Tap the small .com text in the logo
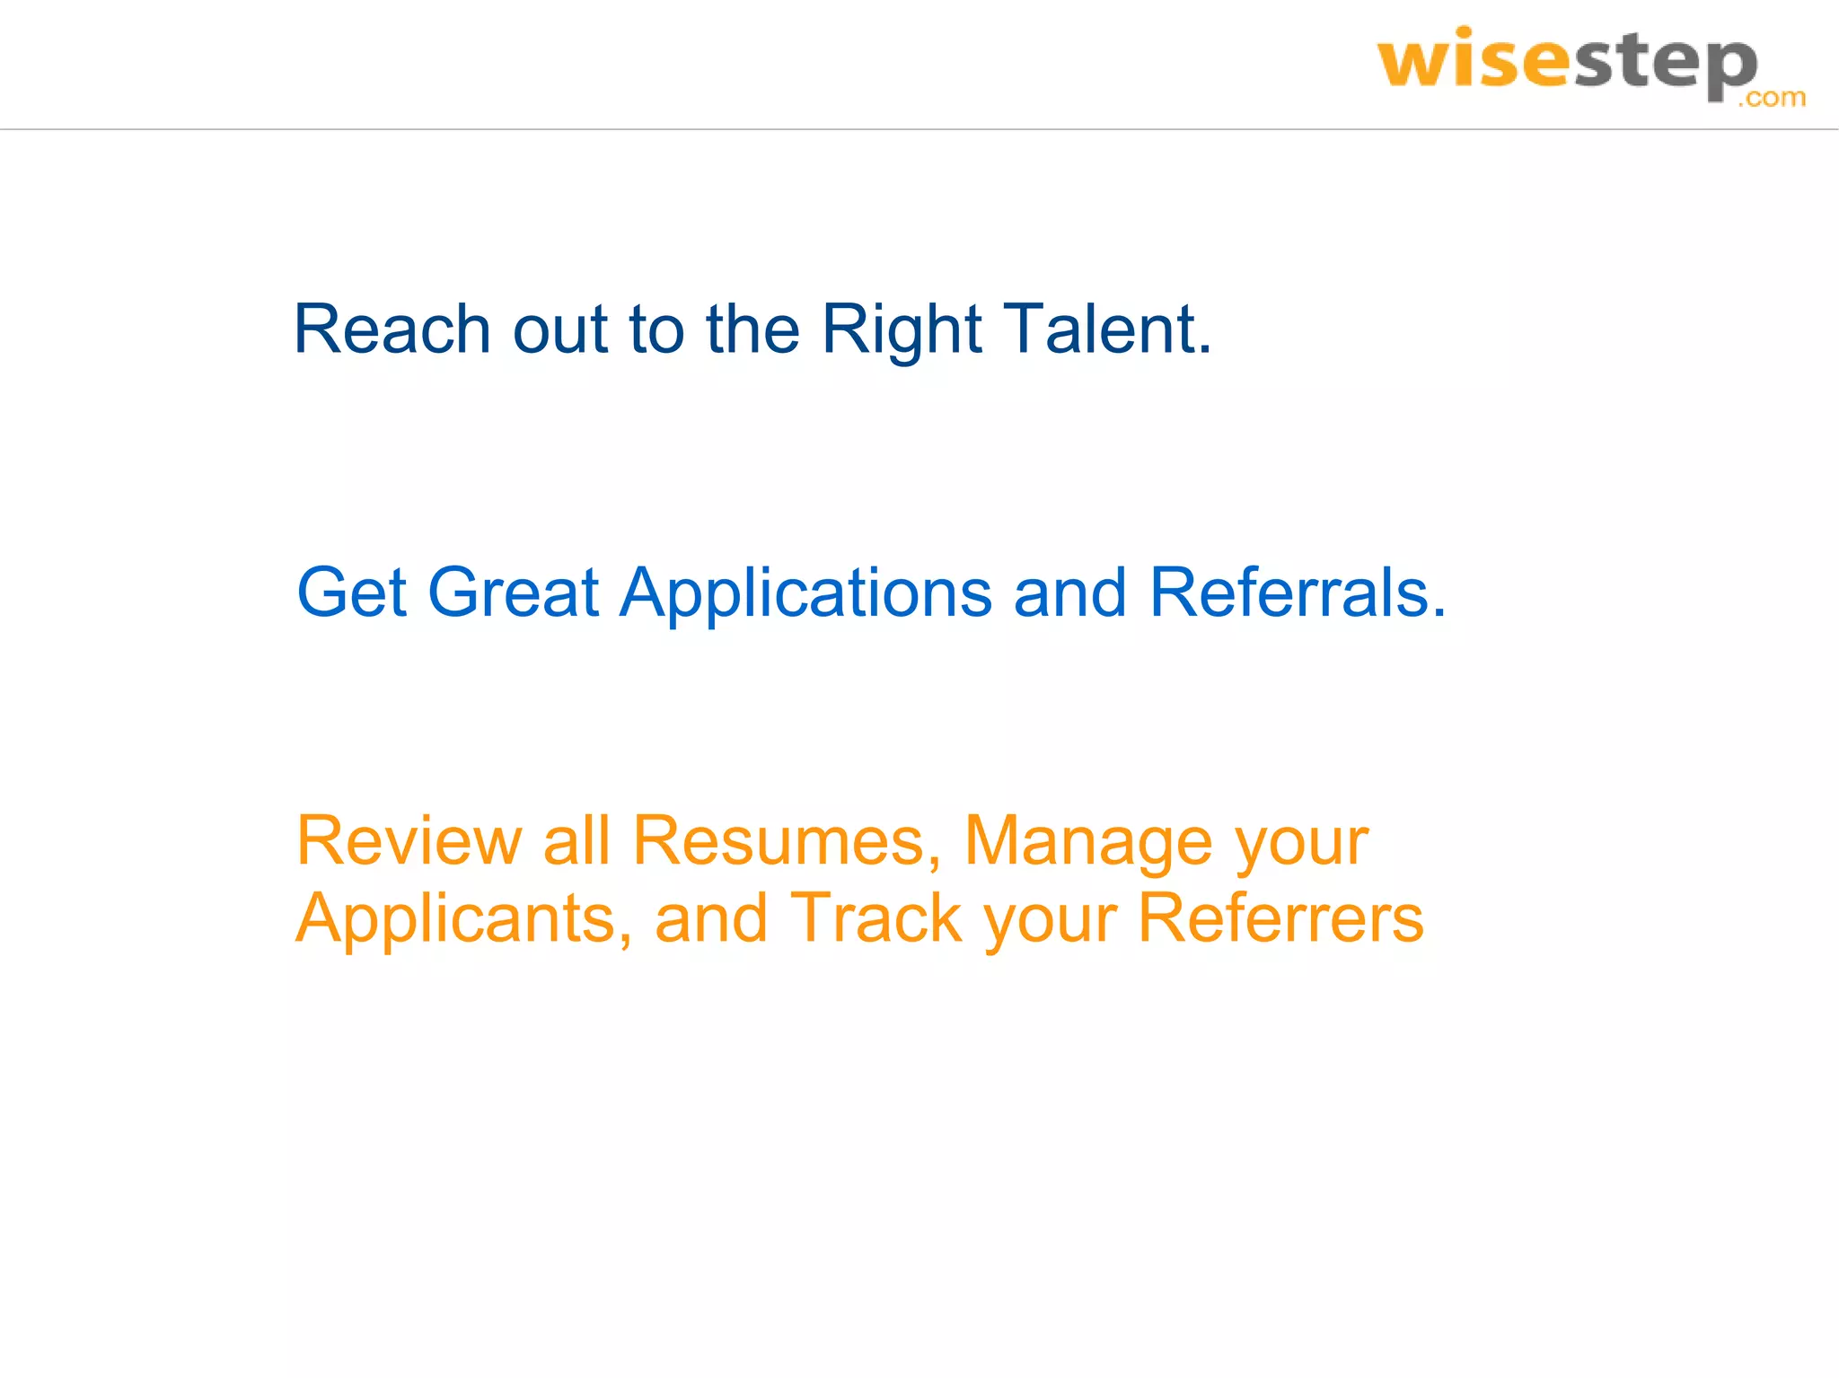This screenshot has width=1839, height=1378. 1771,97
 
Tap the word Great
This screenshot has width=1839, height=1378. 513,592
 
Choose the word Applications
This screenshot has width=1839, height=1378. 805,594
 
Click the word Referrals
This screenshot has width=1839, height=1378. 1298,592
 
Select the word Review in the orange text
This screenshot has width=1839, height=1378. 409,841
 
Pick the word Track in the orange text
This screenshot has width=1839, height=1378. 876,918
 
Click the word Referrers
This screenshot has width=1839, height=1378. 1280,918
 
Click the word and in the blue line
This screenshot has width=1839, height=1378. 1069,592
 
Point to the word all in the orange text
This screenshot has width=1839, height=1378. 576,841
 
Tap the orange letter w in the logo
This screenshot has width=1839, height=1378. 1414,65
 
